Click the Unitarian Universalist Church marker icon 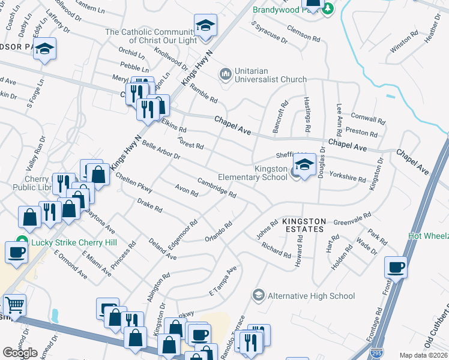click(225, 74)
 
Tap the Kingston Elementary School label click(262, 173)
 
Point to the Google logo click(20, 353)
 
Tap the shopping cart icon click(14, 304)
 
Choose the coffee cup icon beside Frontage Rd click(396, 267)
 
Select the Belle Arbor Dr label click(160, 151)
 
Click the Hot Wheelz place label click(429, 236)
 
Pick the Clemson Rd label click(303, 32)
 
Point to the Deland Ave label click(163, 247)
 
